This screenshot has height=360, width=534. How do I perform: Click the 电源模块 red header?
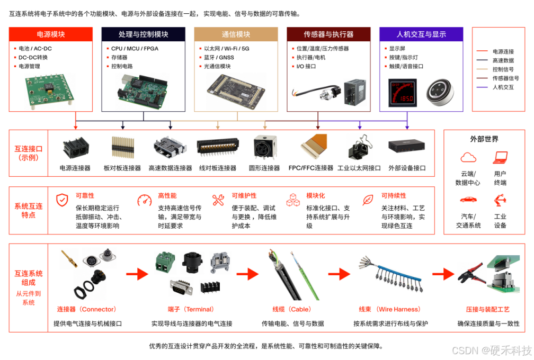51,34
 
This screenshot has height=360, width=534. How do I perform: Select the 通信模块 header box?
236,34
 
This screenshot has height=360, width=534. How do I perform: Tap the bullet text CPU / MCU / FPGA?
135,49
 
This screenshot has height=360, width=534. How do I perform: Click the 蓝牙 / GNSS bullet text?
219,58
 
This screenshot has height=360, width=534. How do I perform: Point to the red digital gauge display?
403,93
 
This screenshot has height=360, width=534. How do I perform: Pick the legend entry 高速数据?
503,60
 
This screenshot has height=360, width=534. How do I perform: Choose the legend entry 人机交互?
503,87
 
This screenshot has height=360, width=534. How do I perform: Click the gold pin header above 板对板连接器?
122,147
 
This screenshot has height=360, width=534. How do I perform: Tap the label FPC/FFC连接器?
310,168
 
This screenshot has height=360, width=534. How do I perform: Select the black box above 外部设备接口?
407,146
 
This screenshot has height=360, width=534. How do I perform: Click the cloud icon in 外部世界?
468,158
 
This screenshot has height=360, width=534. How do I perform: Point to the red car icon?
468,200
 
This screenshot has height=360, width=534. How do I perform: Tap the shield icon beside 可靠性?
62,200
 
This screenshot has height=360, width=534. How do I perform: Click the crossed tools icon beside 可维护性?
218,200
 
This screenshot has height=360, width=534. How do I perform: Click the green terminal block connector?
165,263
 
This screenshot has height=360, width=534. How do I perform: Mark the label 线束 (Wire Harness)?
389,309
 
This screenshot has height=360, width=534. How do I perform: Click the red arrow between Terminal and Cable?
247,274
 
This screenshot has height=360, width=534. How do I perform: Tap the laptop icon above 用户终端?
500,158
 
